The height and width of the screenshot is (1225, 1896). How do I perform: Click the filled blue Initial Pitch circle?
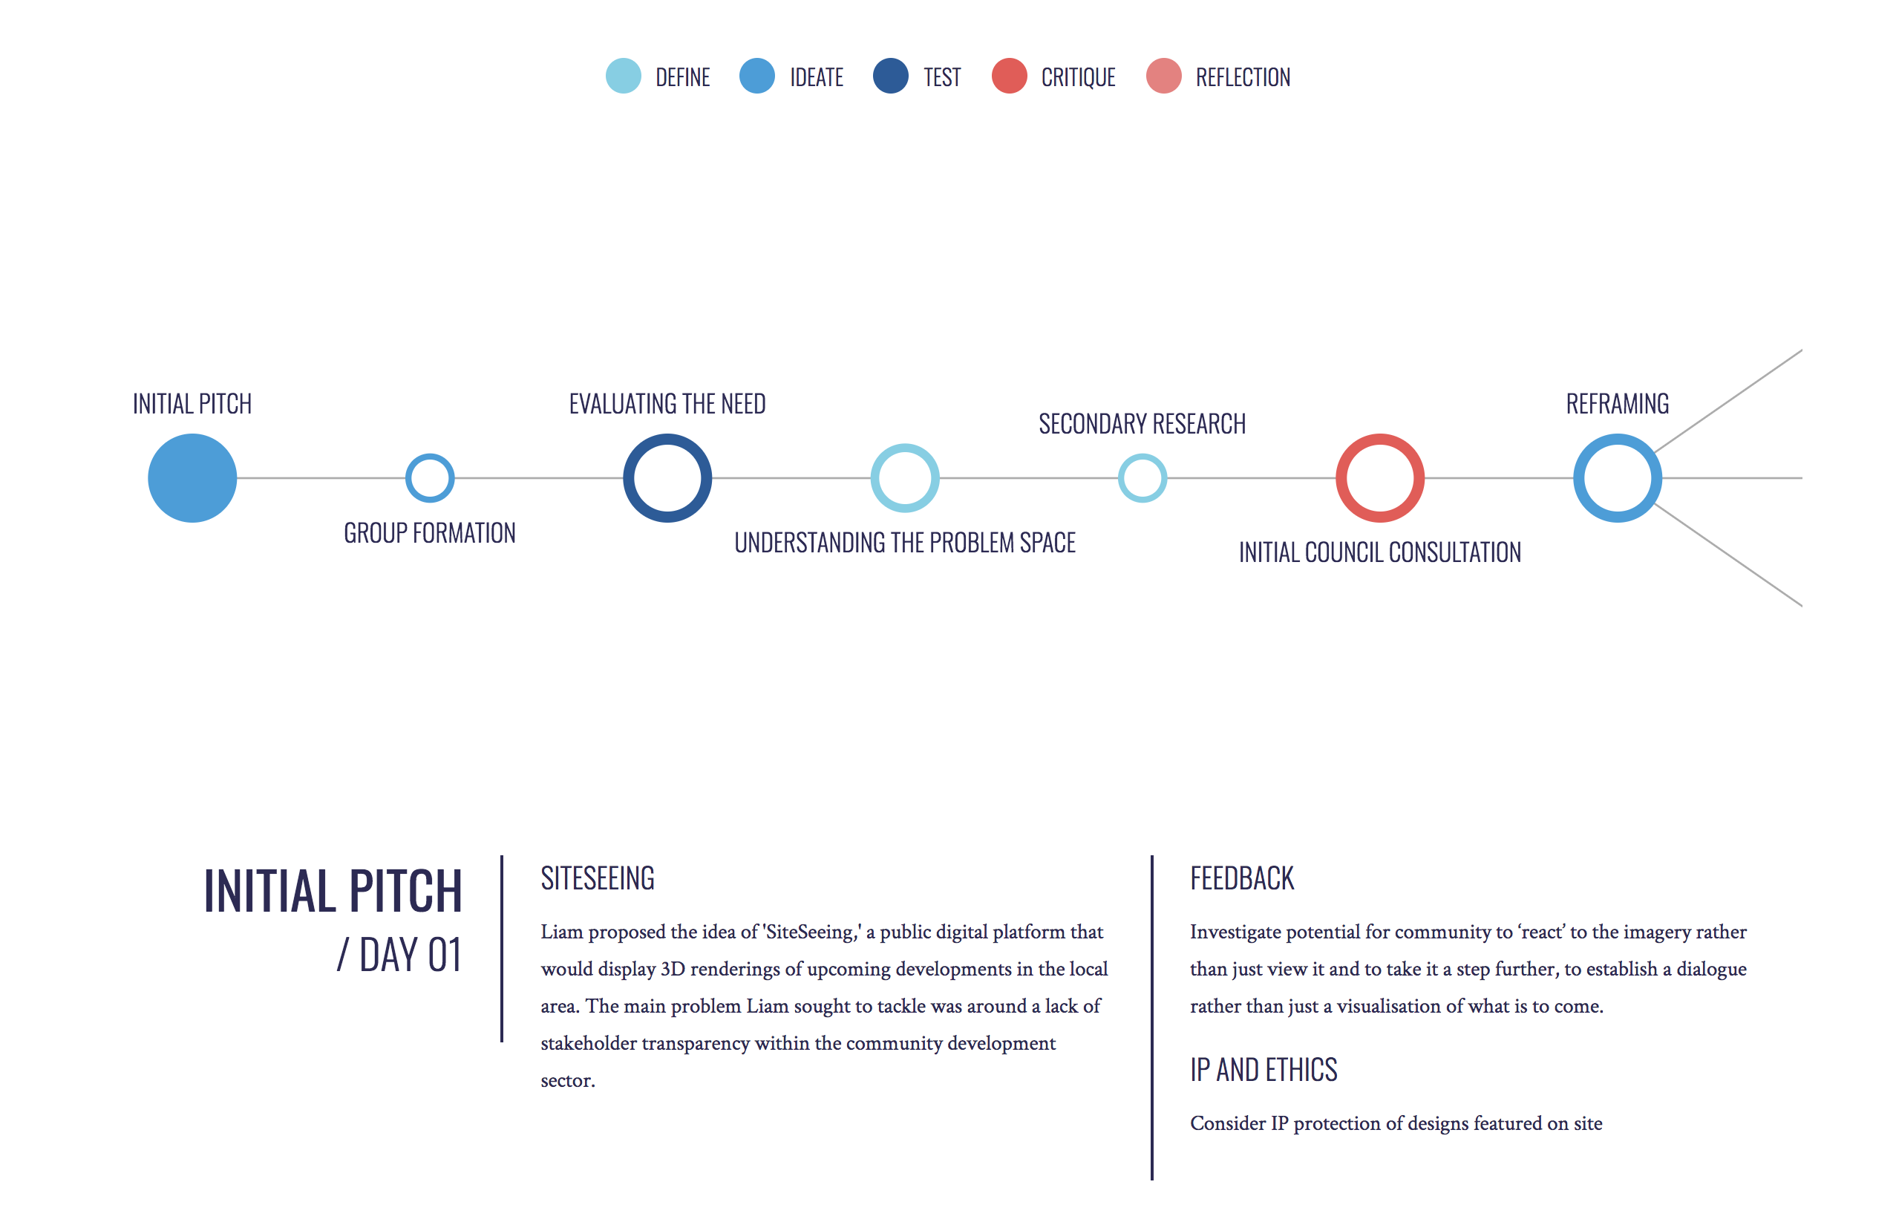tap(192, 477)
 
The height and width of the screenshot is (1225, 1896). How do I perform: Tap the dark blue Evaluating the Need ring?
tap(667, 438)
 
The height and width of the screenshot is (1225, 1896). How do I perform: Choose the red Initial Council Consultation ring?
tap(1380, 438)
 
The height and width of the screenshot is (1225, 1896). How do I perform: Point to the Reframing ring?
tap(1618, 438)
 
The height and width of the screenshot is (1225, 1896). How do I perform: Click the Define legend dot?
tap(624, 76)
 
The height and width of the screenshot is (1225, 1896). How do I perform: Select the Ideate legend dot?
tap(757, 76)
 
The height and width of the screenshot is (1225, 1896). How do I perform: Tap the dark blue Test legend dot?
tap(891, 76)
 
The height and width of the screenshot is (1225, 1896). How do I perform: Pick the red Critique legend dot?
tap(1009, 76)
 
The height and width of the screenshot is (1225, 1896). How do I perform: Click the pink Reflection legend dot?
tap(1163, 76)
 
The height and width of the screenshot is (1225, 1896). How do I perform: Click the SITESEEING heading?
tap(598, 878)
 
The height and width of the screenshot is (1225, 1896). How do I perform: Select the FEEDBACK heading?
tap(1241, 878)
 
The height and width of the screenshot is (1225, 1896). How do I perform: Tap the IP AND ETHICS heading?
tap(1264, 1070)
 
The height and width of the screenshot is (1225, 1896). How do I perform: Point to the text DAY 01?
tap(410, 955)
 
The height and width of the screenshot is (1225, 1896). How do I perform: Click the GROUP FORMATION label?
tap(430, 533)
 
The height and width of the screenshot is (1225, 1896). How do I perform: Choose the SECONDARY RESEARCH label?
tap(1142, 424)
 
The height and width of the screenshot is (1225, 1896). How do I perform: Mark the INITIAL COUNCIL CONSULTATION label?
tap(1380, 552)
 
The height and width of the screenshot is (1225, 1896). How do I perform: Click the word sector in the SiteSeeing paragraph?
tap(568, 1081)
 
